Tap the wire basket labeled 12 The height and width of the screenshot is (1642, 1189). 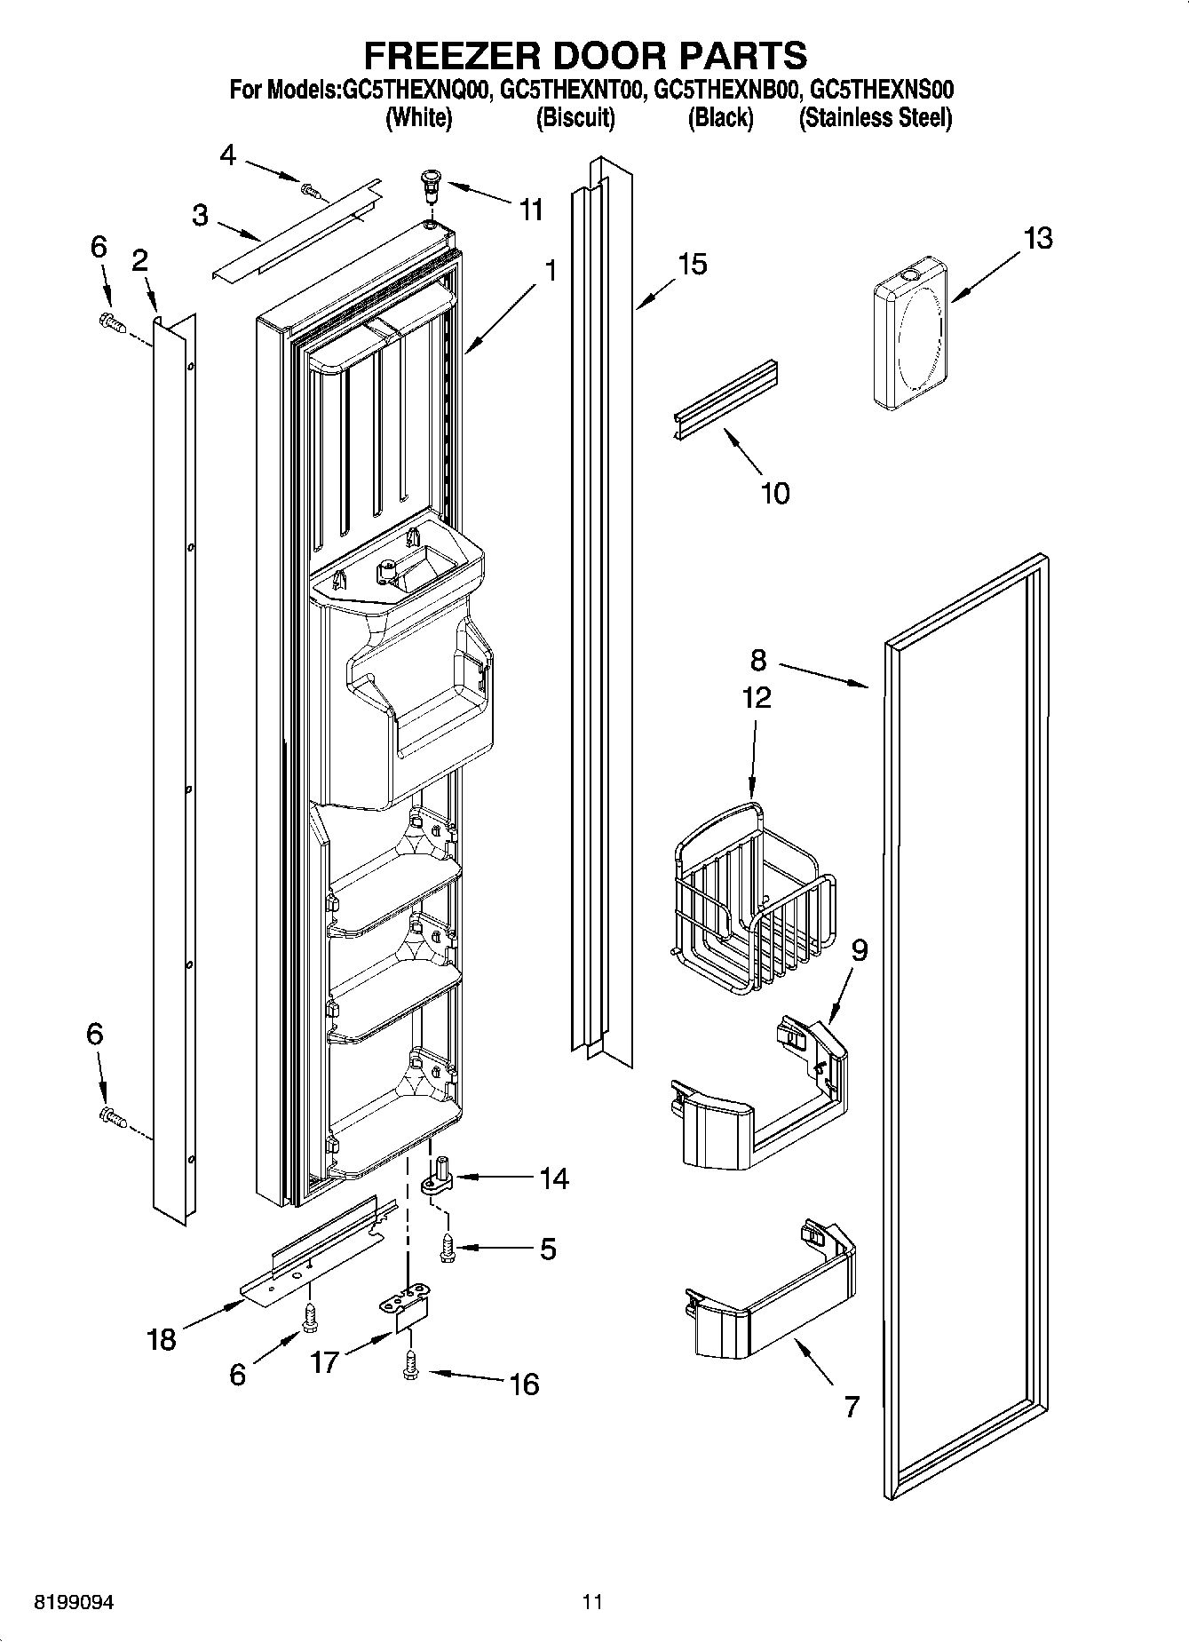coord(751,896)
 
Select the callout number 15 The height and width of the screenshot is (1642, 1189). coord(692,264)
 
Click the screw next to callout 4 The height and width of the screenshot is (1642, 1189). coord(309,188)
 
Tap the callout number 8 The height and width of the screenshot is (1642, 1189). coord(757,660)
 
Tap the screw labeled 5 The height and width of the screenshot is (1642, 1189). coord(448,1247)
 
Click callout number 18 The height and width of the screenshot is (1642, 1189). coord(161,1338)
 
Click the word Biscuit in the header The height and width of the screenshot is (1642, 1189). coord(575,117)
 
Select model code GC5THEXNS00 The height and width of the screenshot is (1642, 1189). coord(883,90)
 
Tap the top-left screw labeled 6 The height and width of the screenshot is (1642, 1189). coord(110,321)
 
